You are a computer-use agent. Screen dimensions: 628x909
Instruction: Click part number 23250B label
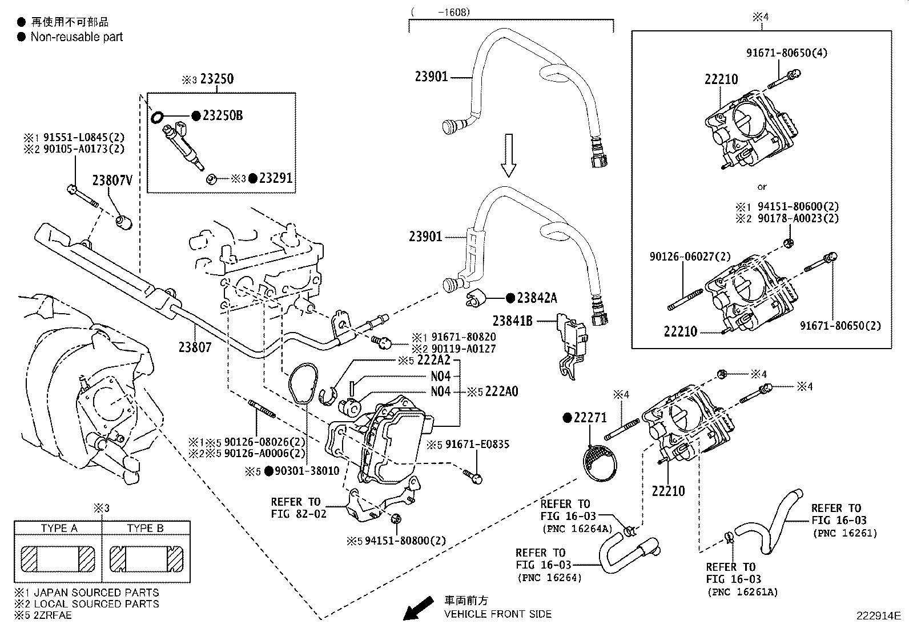click(x=223, y=116)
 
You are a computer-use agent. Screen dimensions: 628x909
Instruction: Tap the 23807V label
click(x=112, y=181)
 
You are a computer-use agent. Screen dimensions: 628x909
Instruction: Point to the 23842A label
click(x=537, y=298)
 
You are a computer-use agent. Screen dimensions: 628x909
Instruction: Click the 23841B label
click(x=513, y=321)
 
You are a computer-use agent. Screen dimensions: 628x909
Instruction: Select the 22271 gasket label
click(x=590, y=418)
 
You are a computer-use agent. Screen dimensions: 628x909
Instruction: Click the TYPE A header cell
click(x=59, y=528)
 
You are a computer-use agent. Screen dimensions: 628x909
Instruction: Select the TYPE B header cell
click(x=145, y=528)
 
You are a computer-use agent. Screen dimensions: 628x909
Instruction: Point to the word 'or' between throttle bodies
click(x=762, y=187)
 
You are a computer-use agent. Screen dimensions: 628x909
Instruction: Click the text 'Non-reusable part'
click(x=77, y=37)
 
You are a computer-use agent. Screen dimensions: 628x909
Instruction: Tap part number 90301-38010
click(x=307, y=471)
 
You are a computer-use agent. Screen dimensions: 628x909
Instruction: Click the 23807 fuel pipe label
click(x=195, y=347)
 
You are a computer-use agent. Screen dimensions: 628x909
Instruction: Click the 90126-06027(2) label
click(x=690, y=258)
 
